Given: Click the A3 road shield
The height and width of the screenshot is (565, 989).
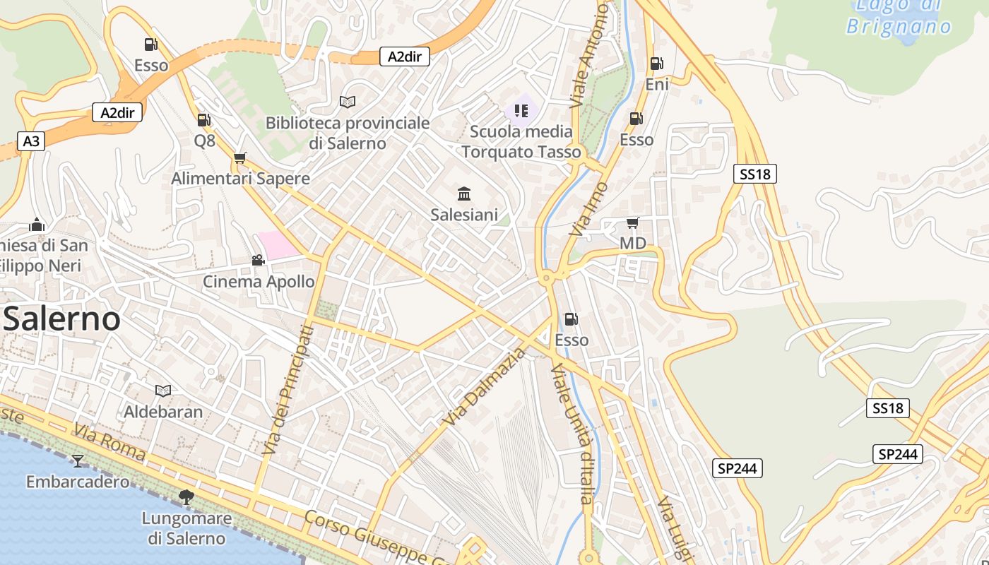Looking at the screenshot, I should [30, 141].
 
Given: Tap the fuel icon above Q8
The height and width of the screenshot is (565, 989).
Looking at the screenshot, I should [203, 120].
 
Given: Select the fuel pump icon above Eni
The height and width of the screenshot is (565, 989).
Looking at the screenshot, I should [656, 64].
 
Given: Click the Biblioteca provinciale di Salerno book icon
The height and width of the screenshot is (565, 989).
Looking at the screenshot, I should [347, 102].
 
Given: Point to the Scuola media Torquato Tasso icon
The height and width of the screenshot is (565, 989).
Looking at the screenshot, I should [521, 110].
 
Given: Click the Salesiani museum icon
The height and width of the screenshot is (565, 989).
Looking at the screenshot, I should [464, 194].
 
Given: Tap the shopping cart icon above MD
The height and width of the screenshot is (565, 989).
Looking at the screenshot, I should [632, 223].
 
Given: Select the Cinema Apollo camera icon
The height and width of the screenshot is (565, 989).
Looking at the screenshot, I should [258, 260].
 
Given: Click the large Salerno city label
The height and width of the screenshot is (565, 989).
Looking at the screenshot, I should [61, 319].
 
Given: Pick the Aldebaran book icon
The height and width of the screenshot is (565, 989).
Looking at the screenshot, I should [163, 391].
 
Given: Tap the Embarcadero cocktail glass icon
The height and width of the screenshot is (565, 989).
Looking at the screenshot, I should [78, 461].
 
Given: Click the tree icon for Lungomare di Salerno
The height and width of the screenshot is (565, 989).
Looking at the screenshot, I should [186, 497].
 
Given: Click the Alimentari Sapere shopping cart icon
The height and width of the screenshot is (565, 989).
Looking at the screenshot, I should [240, 157].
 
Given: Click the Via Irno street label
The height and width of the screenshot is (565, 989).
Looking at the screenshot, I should [589, 209].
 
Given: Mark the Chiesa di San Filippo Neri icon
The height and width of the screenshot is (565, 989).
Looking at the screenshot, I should [37, 225].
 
